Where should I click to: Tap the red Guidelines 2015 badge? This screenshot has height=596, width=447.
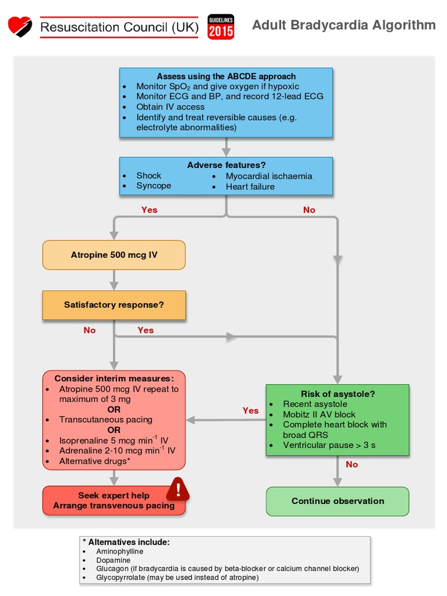click(221, 27)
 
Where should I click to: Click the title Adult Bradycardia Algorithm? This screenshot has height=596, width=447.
click(343, 25)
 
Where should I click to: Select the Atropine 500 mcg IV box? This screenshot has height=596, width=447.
click(114, 255)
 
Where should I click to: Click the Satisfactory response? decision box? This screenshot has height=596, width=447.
click(114, 305)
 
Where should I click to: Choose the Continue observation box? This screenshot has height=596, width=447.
click(338, 501)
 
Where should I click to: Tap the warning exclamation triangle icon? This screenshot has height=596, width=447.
click(178, 489)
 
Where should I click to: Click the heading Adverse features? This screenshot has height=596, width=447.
click(226, 165)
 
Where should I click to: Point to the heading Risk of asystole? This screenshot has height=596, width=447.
click(338, 394)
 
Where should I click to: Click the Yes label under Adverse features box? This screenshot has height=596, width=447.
click(149, 210)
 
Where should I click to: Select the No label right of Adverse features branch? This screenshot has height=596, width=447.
click(309, 210)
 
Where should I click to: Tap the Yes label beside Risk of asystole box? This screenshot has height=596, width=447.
click(250, 411)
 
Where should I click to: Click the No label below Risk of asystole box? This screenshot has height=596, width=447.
click(352, 464)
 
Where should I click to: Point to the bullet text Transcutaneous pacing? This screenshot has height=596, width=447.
click(106, 420)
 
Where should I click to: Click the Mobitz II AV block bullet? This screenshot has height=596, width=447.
click(319, 414)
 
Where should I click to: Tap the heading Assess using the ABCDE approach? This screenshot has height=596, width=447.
click(226, 76)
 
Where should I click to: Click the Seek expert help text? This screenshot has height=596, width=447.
click(114, 496)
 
